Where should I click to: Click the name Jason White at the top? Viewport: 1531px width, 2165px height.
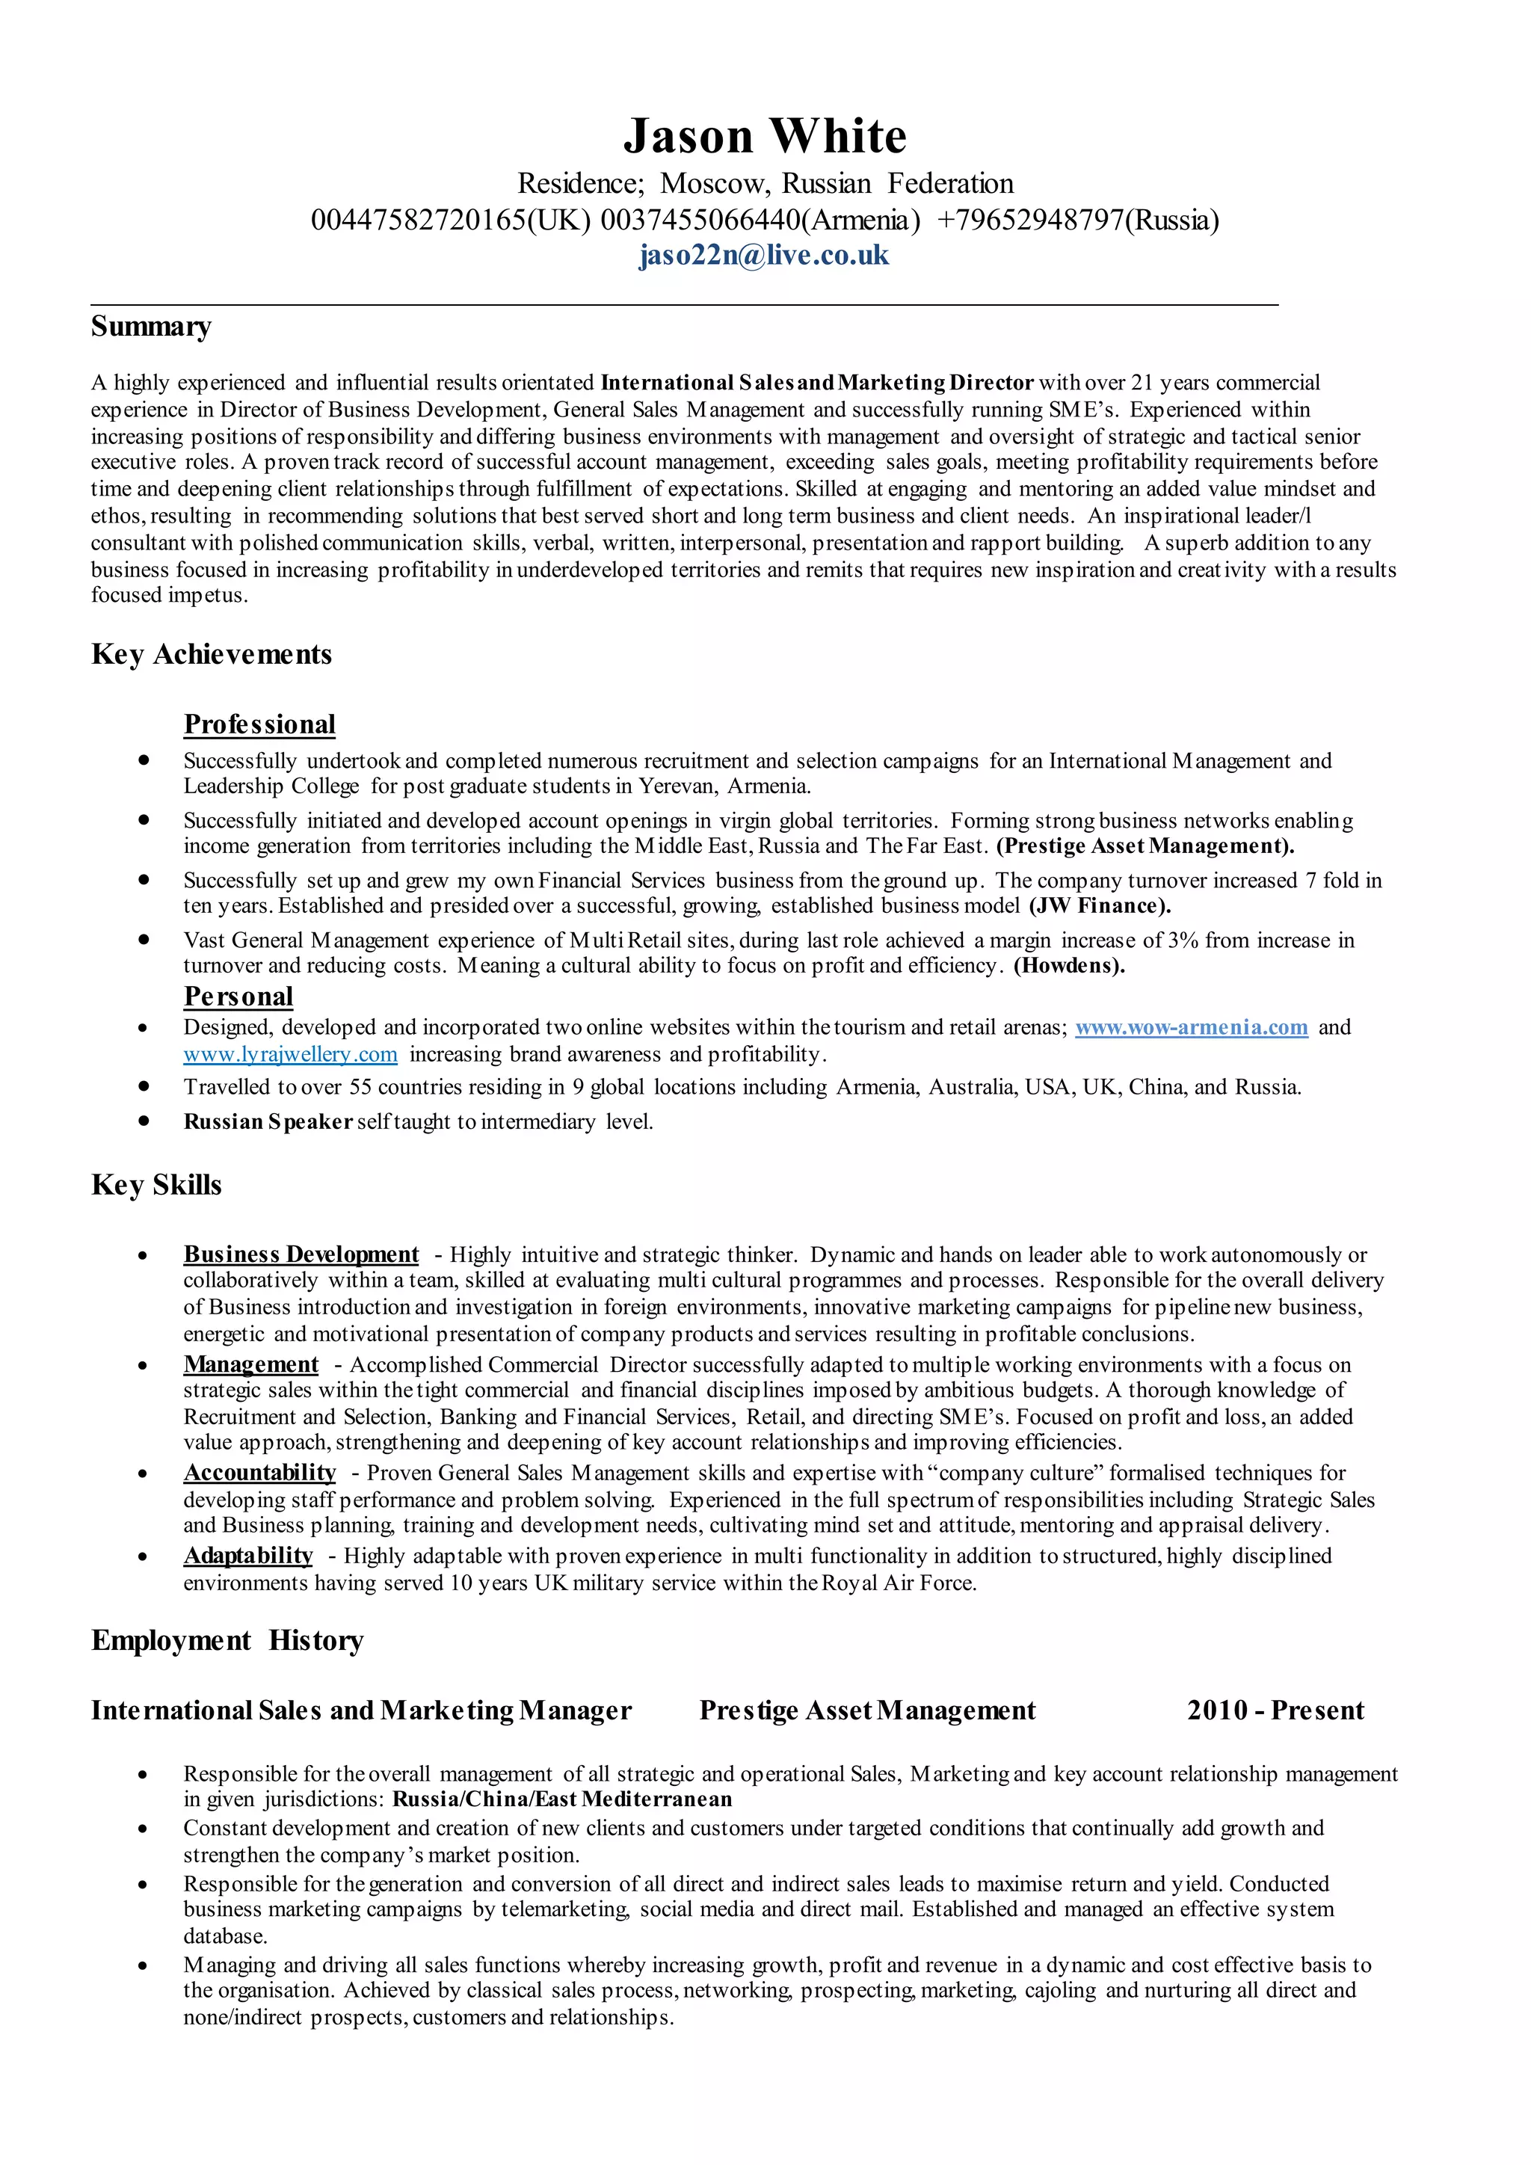coord(765,137)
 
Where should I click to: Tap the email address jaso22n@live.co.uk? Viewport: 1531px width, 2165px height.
coord(763,256)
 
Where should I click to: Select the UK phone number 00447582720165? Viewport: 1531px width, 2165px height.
coord(419,221)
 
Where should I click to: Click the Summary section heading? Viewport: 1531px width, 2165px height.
coord(151,326)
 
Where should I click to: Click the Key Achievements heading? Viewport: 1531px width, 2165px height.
coord(211,654)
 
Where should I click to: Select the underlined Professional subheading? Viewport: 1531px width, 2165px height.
coord(259,724)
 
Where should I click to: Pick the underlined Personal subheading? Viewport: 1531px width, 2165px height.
coord(238,997)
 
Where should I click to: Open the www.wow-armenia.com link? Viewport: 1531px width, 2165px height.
coord(1192,1028)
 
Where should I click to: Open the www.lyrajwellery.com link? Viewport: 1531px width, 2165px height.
coord(290,1054)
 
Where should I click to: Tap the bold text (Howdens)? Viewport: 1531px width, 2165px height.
coord(1069,967)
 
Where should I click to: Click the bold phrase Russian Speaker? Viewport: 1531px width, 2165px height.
coord(268,1122)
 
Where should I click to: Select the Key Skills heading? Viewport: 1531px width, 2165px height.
coord(156,1185)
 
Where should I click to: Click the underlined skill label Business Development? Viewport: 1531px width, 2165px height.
coord(301,1255)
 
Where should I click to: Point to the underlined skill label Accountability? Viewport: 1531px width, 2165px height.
coord(259,1473)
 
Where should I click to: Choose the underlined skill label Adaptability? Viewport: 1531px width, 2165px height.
coord(248,1556)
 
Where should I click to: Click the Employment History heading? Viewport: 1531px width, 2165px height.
coord(227,1641)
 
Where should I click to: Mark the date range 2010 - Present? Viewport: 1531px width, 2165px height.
coord(1275,1710)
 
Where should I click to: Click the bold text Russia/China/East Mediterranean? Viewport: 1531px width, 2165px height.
coord(562,1799)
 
